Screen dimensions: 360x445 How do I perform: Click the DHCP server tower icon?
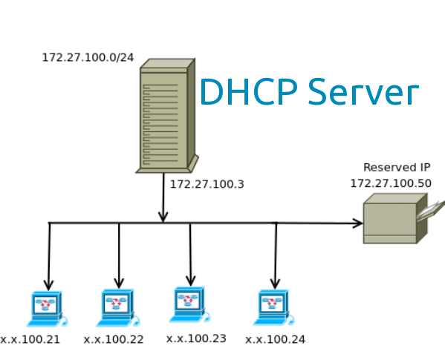point(165,117)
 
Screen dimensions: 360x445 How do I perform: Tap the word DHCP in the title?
point(248,92)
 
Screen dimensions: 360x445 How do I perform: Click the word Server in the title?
point(363,92)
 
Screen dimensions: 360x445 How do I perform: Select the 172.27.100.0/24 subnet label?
point(88,57)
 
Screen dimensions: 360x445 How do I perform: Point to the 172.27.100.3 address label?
point(207,184)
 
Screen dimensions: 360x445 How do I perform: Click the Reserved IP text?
point(396,168)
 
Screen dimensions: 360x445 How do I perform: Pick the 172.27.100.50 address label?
point(391,183)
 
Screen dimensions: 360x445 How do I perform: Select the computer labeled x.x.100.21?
point(46,307)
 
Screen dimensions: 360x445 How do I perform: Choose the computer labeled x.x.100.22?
point(117,307)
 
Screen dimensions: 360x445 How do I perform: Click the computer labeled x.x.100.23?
point(189,304)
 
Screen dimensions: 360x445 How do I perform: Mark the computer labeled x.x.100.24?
point(272,307)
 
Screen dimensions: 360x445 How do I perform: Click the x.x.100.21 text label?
point(30,339)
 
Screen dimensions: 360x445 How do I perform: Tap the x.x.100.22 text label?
point(114,339)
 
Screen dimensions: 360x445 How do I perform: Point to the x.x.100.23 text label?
point(196,338)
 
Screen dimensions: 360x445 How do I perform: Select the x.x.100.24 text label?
point(275,339)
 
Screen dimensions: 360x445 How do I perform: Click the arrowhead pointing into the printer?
point(357,223)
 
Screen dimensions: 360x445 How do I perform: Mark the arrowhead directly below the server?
point(163,216)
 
